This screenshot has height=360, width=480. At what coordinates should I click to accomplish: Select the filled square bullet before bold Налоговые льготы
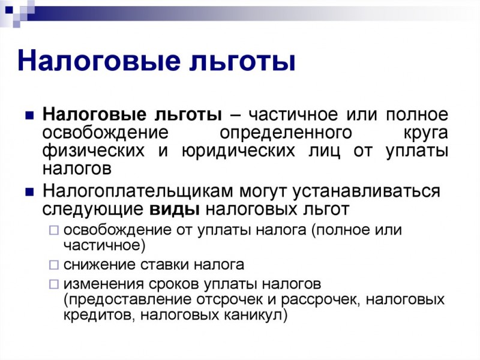29,115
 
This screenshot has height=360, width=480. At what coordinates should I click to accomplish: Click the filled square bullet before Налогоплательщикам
29,192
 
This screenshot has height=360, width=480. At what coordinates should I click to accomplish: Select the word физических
94,151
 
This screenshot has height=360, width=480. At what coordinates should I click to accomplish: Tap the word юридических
238,151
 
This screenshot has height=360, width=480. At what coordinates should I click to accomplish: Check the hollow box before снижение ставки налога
54,265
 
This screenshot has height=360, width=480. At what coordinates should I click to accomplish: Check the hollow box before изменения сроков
54,284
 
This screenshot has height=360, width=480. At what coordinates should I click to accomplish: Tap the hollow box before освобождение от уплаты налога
54,230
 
